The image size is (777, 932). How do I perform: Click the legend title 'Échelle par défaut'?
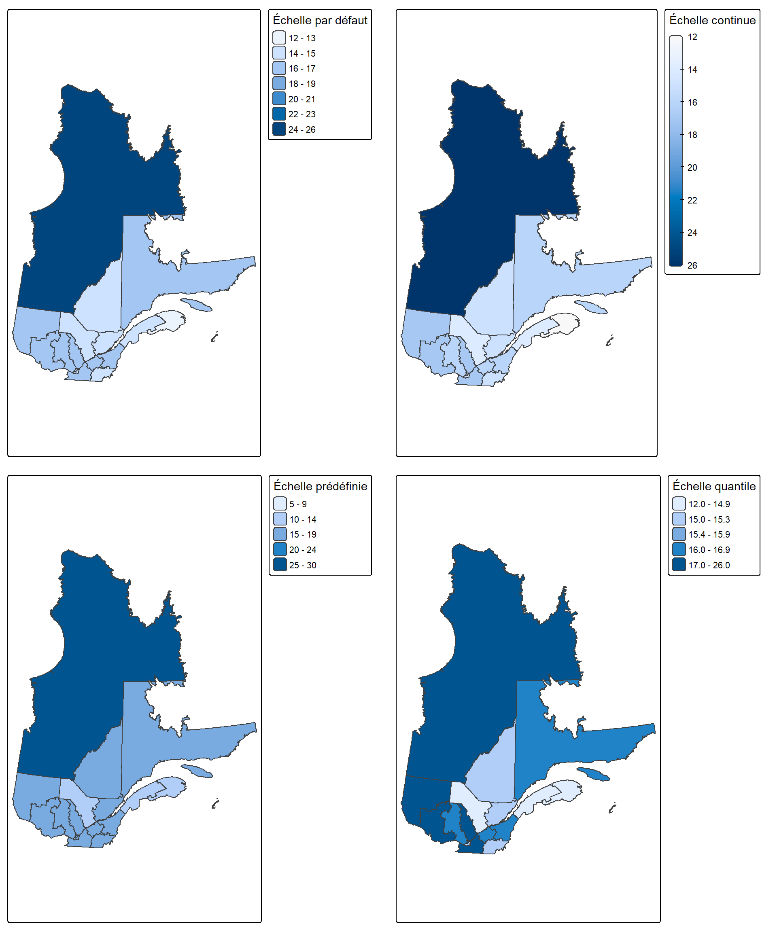click(320, 20)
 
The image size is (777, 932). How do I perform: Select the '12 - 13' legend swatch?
click(279, 38)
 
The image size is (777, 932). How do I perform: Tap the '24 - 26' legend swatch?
click(279, 129)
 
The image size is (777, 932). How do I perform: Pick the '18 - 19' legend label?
click(302, 84)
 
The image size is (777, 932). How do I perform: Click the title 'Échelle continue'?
click(713, 20)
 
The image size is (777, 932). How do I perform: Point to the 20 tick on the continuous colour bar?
click(682, 167)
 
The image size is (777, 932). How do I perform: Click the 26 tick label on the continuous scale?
click(692, 265)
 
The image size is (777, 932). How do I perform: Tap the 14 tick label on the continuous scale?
click(692, 70)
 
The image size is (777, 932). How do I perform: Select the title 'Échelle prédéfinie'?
click(321, 486)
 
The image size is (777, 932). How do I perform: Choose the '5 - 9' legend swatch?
click(280, 504)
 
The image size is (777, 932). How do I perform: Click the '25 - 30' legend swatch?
click(280, 565)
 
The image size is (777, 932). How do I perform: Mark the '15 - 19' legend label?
click(303, 534)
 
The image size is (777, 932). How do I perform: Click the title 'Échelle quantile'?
click(714, 486)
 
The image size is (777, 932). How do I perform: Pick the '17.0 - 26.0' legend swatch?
click(679, 565)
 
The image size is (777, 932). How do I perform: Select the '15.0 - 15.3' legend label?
click(709, 519)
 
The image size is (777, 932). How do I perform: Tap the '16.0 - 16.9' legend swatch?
click(679, 549)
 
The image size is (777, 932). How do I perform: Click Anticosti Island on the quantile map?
click(593, 774)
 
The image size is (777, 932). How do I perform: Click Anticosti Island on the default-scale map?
click(196, 305)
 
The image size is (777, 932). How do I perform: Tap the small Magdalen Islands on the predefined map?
click(215, 803)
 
